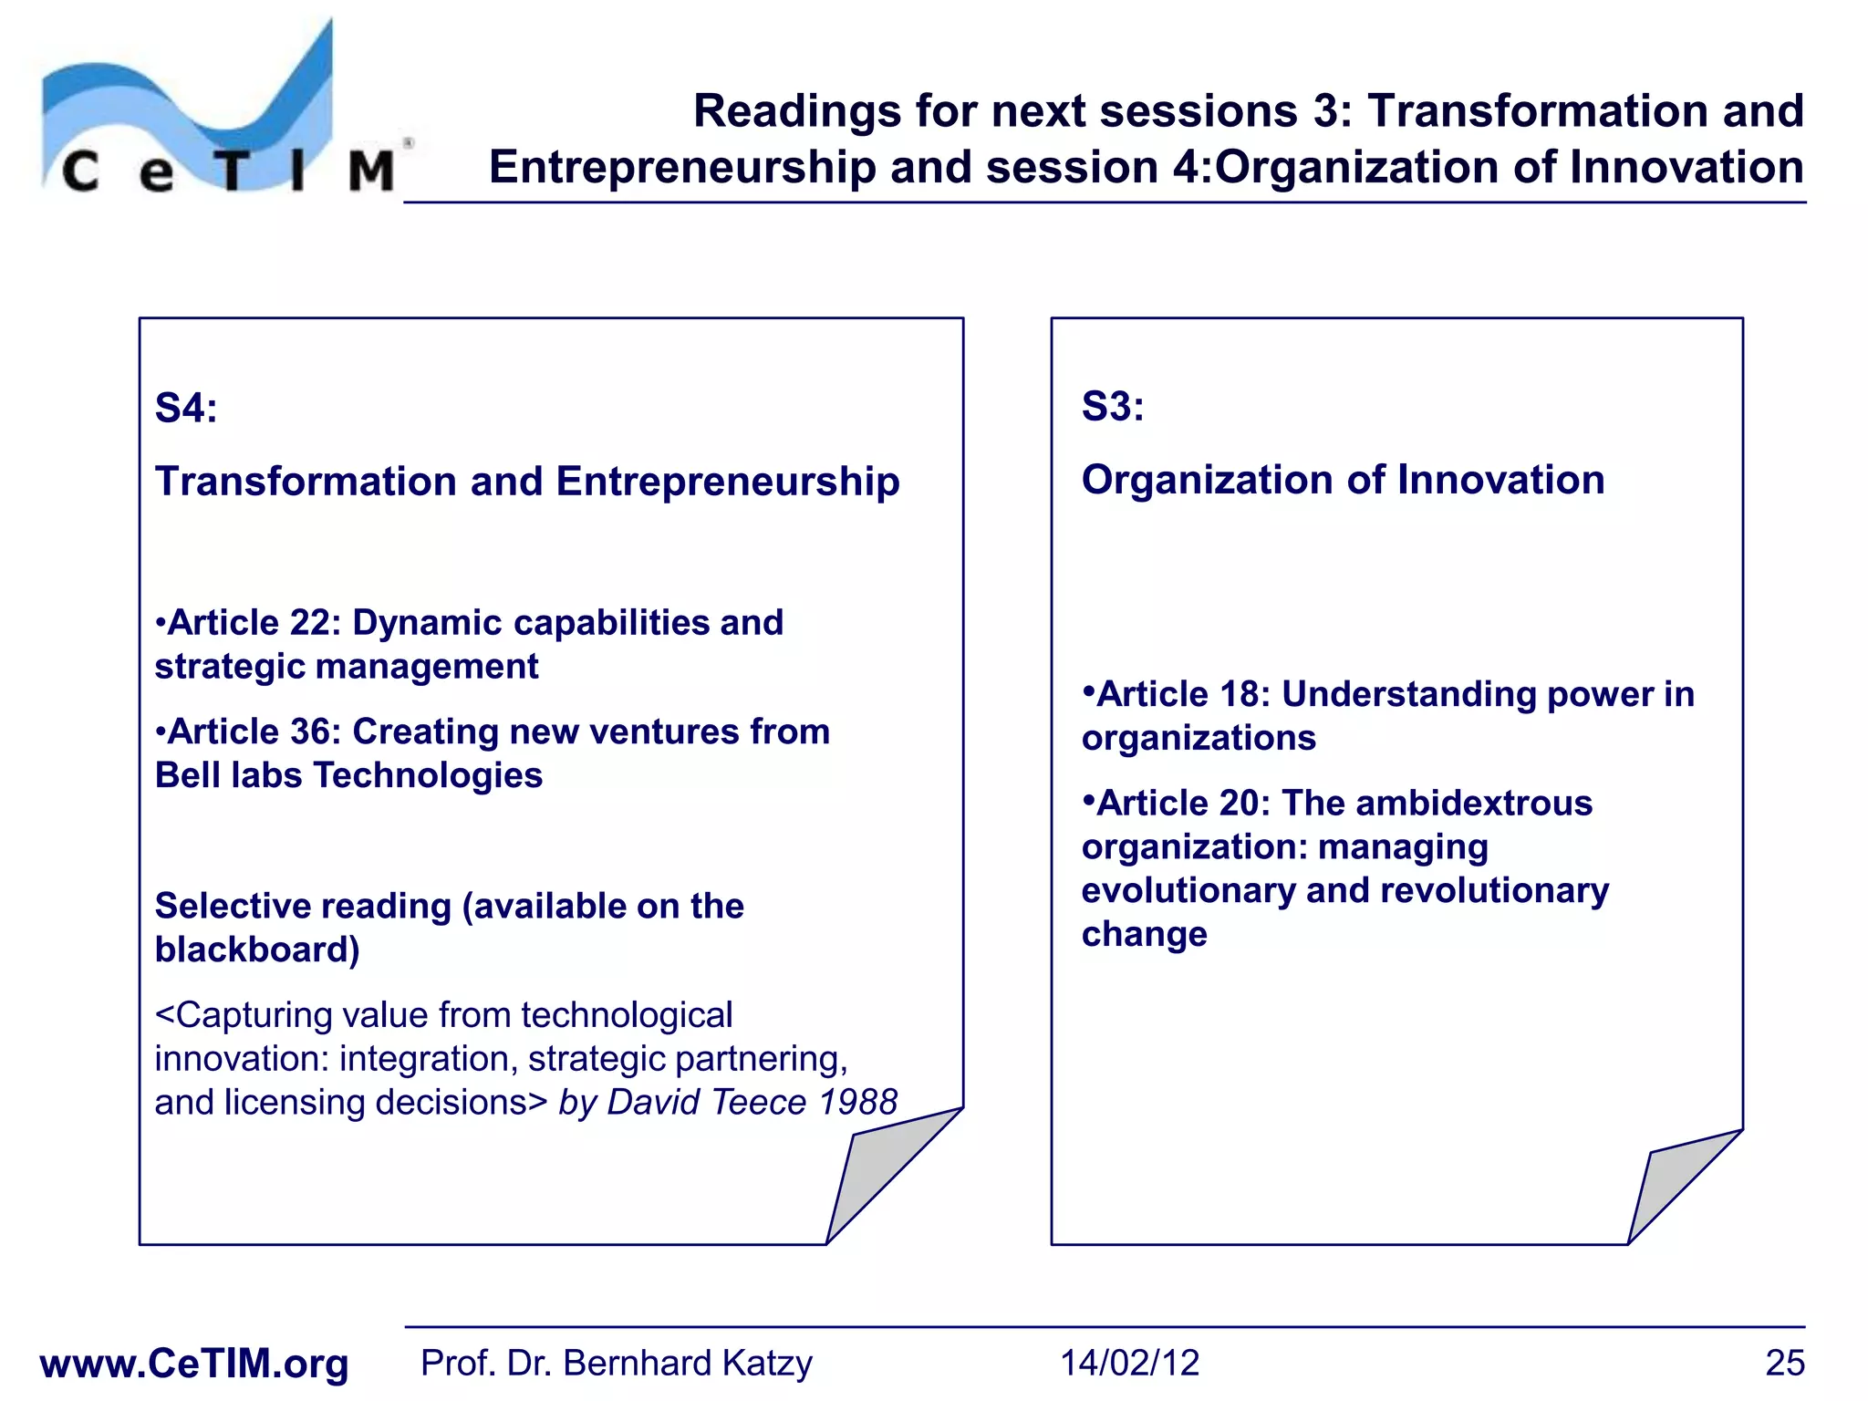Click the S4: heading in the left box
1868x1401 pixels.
[x=186, y=408]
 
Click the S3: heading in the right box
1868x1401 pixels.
[x=1112, y=406]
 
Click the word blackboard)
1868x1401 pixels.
[x=257, y=950]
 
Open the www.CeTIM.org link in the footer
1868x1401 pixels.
[x=194, y=1364]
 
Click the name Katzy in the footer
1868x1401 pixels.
[x=766, y=1364]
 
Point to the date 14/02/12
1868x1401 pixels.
[x=1129, y=1364]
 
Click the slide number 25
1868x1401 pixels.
[x=1784, y=1364]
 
